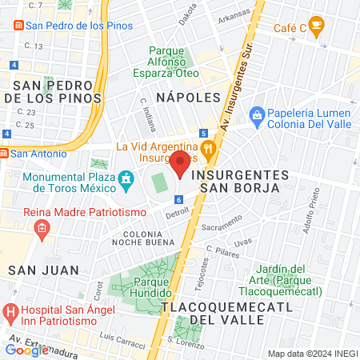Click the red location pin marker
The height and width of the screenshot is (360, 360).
[181, 162]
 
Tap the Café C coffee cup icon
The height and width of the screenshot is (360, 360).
[317, 28]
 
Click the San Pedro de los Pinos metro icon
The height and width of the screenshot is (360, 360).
[17, 25]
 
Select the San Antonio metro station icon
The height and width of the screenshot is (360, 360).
[4, 153]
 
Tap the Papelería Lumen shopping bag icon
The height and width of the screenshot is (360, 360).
[257, 115]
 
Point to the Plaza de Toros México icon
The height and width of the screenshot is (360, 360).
[126, 178]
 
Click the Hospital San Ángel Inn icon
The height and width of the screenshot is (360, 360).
[10, 310]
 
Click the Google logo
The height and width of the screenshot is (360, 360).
[26, 350]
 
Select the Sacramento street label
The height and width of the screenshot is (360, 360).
[222, 228]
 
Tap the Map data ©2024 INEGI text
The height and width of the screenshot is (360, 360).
[311, 354]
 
